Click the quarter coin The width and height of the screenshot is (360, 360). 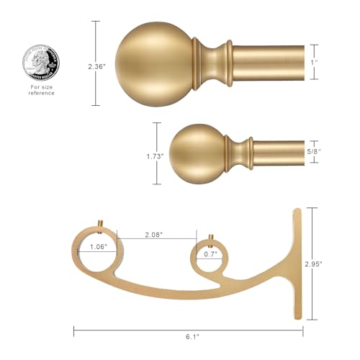pyautogui.click(x=40, y=63)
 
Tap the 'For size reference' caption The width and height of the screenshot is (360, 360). pyautogui.click(x=42, y=90)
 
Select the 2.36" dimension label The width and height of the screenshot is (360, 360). pyautogui.click(x=96, y=66)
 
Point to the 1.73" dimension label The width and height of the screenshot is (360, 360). pyautogui.click(x=155, y=156)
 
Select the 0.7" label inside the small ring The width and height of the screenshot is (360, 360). pyautogui.click(x=211, y=253)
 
